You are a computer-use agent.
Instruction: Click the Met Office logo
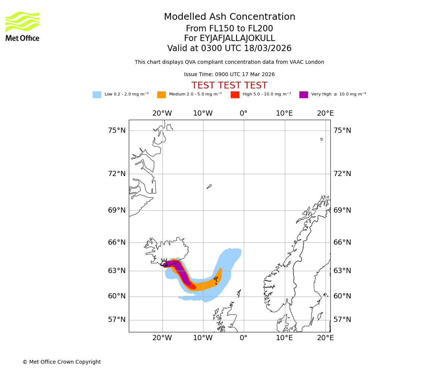[x=22, y=26]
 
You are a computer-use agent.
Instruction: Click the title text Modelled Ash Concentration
[x=229, y=17]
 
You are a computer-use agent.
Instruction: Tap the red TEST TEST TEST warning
[x=229, y=86]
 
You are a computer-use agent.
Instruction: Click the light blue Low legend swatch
[x=97, y=95]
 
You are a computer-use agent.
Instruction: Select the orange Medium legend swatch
[x=161, y=95]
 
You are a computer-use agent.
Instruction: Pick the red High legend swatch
[x=235, y=95]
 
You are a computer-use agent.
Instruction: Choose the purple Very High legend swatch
[x=304, y=95]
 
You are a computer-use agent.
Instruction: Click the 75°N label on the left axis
[x=117, y=131]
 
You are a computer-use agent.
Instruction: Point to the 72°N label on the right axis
[x=342, y=174]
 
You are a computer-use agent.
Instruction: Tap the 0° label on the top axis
[x=243, y=113]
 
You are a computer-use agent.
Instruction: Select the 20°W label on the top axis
[x=162, y=113]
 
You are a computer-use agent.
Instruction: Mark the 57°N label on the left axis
[x=117, y=320]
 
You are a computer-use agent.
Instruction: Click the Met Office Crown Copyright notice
[x=62, y=362]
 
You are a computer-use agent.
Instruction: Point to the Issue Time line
[x=229, y=75]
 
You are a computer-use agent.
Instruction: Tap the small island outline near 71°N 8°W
[x=209, y=186]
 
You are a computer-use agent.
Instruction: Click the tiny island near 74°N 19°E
[x=321, y=139]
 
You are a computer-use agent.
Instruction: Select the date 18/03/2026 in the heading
[x=268, y=48]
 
